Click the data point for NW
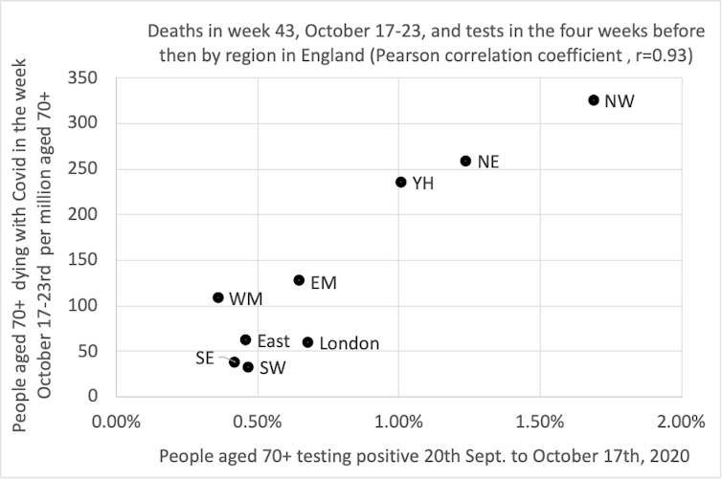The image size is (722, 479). (594, 100)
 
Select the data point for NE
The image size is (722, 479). (466, 162)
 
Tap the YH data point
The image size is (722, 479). (401, 183)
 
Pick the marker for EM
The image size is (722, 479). (299, 281)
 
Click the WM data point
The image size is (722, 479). (218, 297)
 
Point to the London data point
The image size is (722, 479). (307, 342)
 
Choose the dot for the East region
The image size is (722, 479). (245, 340)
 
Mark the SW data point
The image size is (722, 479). (248, 367)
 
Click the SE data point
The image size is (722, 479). (235, 362)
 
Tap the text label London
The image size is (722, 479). (349, 343)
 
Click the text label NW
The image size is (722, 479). (619, 101)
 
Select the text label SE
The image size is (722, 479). (204, 358)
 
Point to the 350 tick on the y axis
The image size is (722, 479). (88, 77)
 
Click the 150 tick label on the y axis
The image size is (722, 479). (88, 260)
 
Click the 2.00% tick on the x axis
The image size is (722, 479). (682, 421)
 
